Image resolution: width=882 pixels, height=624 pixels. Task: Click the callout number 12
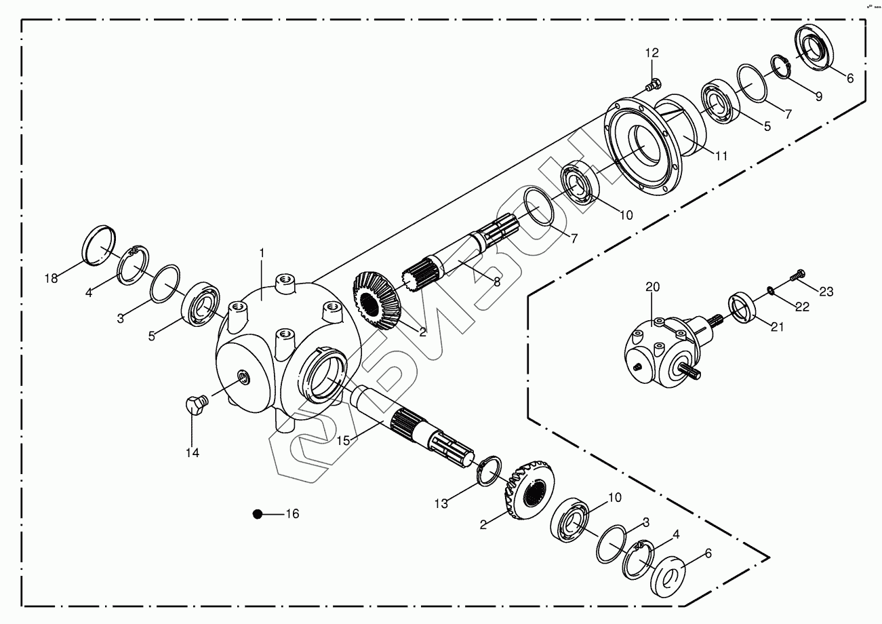[x=652, y=53]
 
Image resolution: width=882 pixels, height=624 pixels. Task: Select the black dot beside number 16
[x=257, y=514]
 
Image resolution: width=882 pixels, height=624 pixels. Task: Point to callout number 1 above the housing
[x=261, y=253]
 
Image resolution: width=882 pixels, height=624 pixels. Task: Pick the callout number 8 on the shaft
[x=497, y=281]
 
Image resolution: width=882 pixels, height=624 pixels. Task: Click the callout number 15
[x=343, y=440]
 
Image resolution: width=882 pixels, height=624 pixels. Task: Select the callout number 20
[x=652, y=287]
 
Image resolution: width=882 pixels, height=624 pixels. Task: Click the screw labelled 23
[x=797, y=275]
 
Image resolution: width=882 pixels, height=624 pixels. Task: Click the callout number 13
[x=441, y=503]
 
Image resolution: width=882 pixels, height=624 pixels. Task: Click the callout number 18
[x=52, y=278]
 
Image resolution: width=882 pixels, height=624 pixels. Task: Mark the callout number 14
[x=193, y=452]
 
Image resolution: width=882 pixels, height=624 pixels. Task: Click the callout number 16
[x=292, y=514]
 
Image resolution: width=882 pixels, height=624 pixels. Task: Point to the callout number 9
[x=818, y=96]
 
